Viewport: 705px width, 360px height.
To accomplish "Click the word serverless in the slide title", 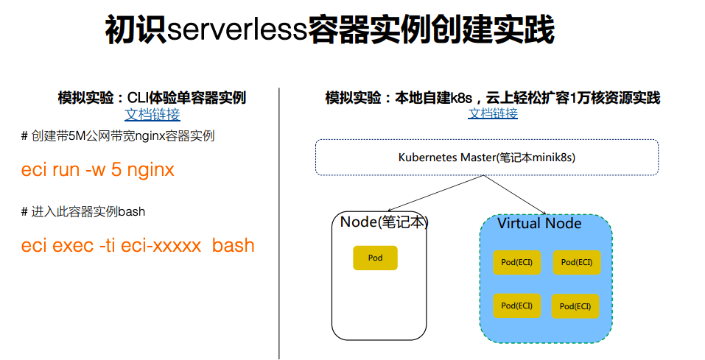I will click(x=236, y=29).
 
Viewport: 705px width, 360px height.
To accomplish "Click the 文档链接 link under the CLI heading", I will click(x=152, y=114).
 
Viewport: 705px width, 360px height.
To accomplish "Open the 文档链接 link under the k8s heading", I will click(x=493, y=113).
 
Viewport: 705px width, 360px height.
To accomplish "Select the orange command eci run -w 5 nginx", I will click(x=98, y=170).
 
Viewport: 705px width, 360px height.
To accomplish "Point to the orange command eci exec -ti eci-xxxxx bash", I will click(x=138, y=245).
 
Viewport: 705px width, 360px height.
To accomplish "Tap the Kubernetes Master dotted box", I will click(x=486, y=157).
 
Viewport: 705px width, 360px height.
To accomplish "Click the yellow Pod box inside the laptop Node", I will click(x=376, y=258).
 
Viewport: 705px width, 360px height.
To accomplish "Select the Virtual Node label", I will click(x=539, y=223).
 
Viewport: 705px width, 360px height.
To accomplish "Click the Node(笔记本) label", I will click(x=384, y=222).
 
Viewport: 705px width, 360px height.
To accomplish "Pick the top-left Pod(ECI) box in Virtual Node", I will click(x=517, y=261).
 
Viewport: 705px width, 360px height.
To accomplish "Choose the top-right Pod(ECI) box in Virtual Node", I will click(x=577, y=261).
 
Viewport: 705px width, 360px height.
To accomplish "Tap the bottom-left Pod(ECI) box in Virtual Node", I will click(x=517, y=306).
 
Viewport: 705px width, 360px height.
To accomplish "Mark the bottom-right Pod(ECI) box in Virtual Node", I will click(x=575, y=306).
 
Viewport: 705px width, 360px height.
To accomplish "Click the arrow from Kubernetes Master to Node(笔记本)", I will click(x=435, y=194).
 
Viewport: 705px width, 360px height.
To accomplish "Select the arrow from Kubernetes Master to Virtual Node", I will click(x=516, y=195).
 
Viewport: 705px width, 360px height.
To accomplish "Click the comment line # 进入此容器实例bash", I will click(x=83, y=212).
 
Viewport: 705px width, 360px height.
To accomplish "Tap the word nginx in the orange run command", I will click(x=151, y=171).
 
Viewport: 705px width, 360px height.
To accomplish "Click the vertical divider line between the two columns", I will click(x=279, y=221).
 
